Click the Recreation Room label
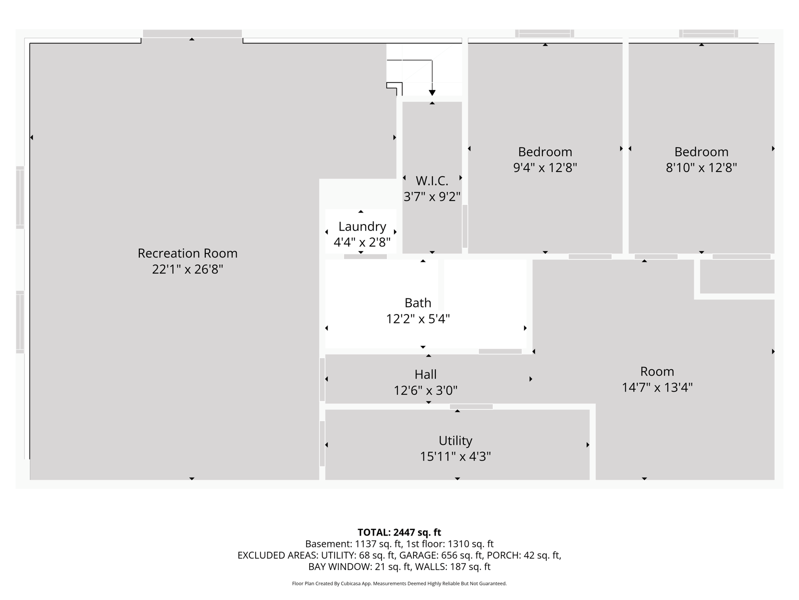click(x=187, y=253)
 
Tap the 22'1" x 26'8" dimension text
click(x=187, y=269)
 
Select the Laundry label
click(x=362, y=226)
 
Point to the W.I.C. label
click(x=432, y=180)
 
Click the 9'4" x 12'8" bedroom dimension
click(x=545, y=167)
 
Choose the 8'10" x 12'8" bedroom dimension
click(x=701, y=167)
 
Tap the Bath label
click(x=418, y=302)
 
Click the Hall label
click(x=425, y=374)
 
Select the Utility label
click(x=455, y=441)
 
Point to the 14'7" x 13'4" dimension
click(x=657, y=387)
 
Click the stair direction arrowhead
click(x=432, y=93)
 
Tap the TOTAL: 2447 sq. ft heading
click(x=399, y=532)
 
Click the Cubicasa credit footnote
click(x=399, y=583)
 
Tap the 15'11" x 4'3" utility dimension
click(x=455, y=456)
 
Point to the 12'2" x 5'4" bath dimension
click(x=418, y=319)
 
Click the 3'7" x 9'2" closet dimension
click(x=432, y=196)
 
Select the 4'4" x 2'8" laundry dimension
click(x=362, y=242)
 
